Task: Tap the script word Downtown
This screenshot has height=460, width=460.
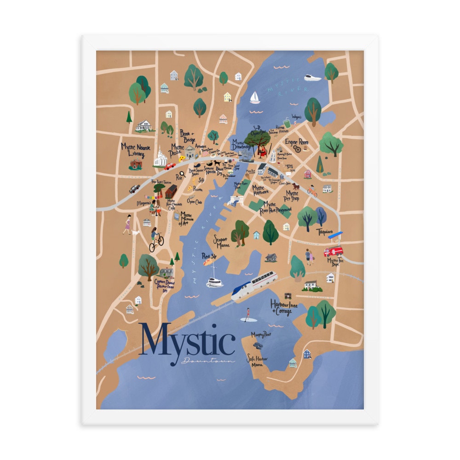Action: click(208, 361)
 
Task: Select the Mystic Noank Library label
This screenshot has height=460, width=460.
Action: click(133, 150)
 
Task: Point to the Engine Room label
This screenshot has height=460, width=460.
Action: click(296, 142)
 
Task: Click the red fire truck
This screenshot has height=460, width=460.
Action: click(333, 251)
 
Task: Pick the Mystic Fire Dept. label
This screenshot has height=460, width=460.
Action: click(334, 262)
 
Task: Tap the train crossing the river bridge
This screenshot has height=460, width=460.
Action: click(254, 286)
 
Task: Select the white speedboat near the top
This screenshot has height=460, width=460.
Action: click(312, 78)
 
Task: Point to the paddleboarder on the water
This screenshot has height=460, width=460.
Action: click(247, 315)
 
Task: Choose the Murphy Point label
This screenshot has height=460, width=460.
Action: click(261, 334)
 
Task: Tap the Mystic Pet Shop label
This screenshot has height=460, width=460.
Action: click(292, 196)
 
